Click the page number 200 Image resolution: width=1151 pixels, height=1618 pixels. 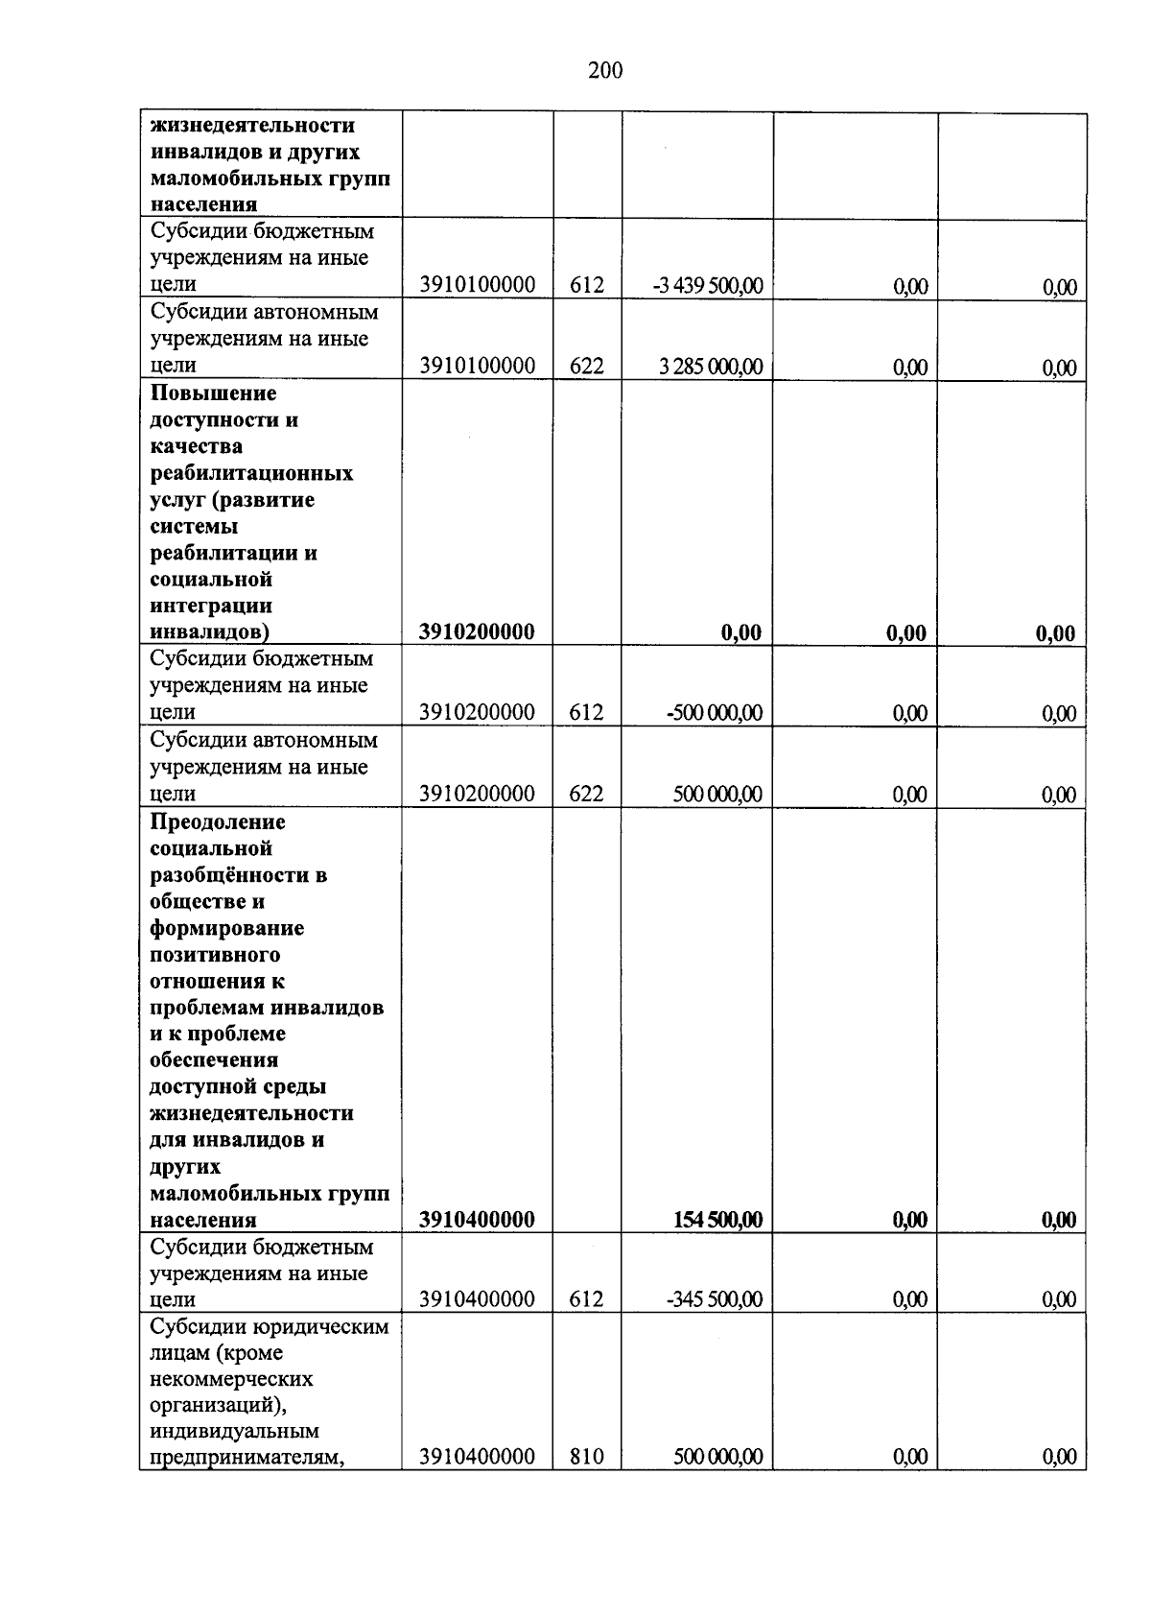[x=605, y=70]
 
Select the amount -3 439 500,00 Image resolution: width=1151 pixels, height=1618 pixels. [x=708, y=285]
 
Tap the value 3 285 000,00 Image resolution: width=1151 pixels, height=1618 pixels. [x=711, y=366]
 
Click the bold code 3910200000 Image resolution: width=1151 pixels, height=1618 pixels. [x=477, y=631]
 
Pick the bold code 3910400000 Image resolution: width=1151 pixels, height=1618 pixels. [x=477, y=1220]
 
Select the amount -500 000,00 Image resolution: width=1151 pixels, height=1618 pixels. [x=715, y=712]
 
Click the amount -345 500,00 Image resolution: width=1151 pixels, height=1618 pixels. [x=715, y=1299]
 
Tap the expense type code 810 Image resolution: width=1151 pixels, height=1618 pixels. [x=586, y=1457]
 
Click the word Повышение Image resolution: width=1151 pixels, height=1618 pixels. [x=213, y=393]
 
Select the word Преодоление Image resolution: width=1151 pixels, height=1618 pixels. [x=218, y=822]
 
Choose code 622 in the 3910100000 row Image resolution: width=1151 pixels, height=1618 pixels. [x=586, y=366]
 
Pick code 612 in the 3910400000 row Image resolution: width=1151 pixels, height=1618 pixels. [x=586, y=1299]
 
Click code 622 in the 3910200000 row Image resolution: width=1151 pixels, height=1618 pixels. [x=586, y=794]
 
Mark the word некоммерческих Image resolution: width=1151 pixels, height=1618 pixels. [x=231, y=1379]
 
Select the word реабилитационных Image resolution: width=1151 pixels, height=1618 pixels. [x=251, y=473]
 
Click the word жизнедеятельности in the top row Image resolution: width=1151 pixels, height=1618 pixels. [x=252, y=126]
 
